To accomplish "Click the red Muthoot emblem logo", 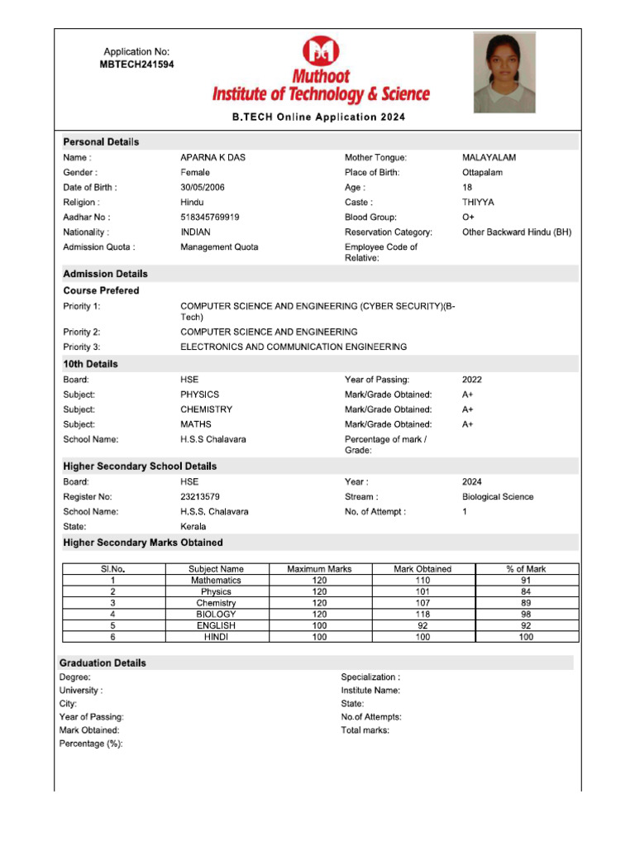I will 320,51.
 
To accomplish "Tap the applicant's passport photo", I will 504,72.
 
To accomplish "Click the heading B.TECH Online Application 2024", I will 318,117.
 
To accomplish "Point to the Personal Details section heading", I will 101,142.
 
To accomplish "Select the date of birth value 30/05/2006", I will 203,188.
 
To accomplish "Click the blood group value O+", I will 468,218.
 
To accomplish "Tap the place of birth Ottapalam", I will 482,173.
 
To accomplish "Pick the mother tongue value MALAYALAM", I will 489,157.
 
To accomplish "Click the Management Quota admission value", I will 219,247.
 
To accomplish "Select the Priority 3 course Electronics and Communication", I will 294,347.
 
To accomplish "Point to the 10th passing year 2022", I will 472,380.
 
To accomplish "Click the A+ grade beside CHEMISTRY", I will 468,409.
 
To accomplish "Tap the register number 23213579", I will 200,497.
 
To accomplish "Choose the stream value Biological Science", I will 498,497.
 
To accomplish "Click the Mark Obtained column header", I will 423,569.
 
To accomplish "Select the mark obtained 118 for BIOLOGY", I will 423,615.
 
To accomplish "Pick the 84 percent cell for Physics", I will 526,592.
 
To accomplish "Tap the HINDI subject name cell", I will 216,638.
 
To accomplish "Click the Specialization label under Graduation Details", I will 370,677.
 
